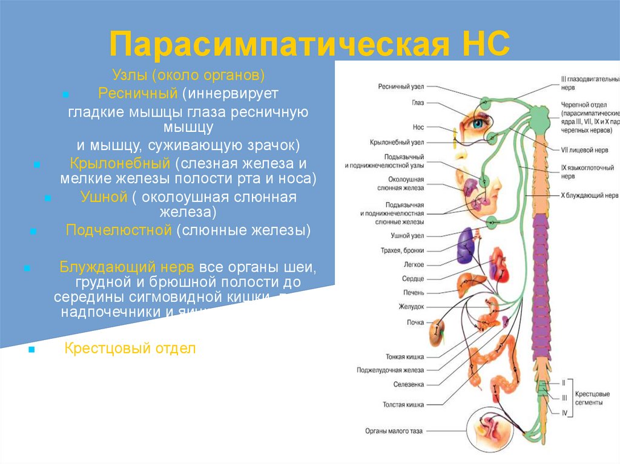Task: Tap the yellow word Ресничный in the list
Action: point(137,94)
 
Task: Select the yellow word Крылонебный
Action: point(120,163)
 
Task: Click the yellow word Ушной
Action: point(104,197)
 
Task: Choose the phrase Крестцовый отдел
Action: point(130,348)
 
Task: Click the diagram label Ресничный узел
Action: point(401,87)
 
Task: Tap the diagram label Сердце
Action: point(413,279)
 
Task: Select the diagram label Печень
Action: point(414,293)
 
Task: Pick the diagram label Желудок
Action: point(411,307)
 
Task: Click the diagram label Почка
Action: point(415,322)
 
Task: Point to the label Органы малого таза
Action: point(394,431)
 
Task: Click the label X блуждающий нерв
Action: point(589,196)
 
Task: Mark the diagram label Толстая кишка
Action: point(403,404)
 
